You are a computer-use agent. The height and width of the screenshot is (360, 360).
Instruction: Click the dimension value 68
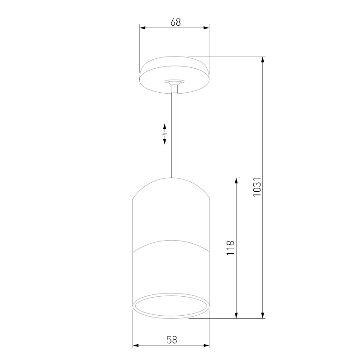coord(175,22)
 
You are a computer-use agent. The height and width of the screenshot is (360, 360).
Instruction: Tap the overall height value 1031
coord(257,186)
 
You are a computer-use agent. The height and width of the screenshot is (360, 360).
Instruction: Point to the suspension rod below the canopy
coord(175,136)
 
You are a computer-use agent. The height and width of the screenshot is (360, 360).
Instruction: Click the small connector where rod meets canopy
coord(175,85)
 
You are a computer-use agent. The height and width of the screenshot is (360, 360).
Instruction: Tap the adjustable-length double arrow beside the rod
coord(165,134)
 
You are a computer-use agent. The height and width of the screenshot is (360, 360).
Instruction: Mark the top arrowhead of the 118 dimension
coord(236,181)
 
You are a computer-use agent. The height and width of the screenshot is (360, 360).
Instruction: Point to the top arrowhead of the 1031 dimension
coord(263,60)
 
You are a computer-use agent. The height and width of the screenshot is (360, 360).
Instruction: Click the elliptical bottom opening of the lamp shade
coord(171,306)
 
